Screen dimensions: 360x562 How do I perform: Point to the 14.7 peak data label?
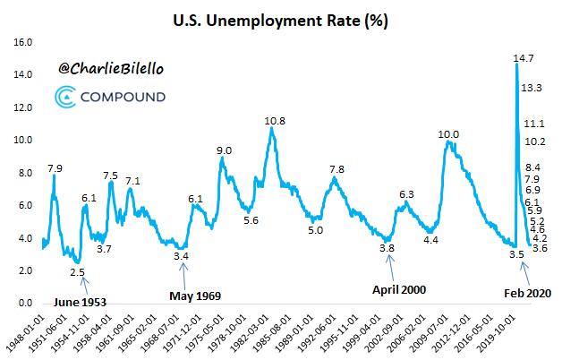pyautogui.click(x=524, y=58)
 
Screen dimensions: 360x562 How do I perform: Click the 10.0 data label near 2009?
pyautogui.click(x=448, y=134)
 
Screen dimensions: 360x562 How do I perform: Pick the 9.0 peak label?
pyautogui.click(x=224, y=150)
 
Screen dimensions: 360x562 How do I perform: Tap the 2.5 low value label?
pyautogui.click(x=77, y=271)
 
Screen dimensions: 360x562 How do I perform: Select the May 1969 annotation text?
pyautogui.click(x=195, y=295)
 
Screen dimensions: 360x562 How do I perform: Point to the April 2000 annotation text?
pyautogui.click(x=398, y=289)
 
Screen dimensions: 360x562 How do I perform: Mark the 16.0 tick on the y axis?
pyautogui.click(x=24, y=42)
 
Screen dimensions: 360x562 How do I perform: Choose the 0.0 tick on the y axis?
pyautogui.click(x=24, y=304)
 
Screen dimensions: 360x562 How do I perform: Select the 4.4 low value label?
pyautogui.click(x=430, y=239)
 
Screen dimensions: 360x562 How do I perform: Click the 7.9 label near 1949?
pyautogui.click(x=55, y=167)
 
